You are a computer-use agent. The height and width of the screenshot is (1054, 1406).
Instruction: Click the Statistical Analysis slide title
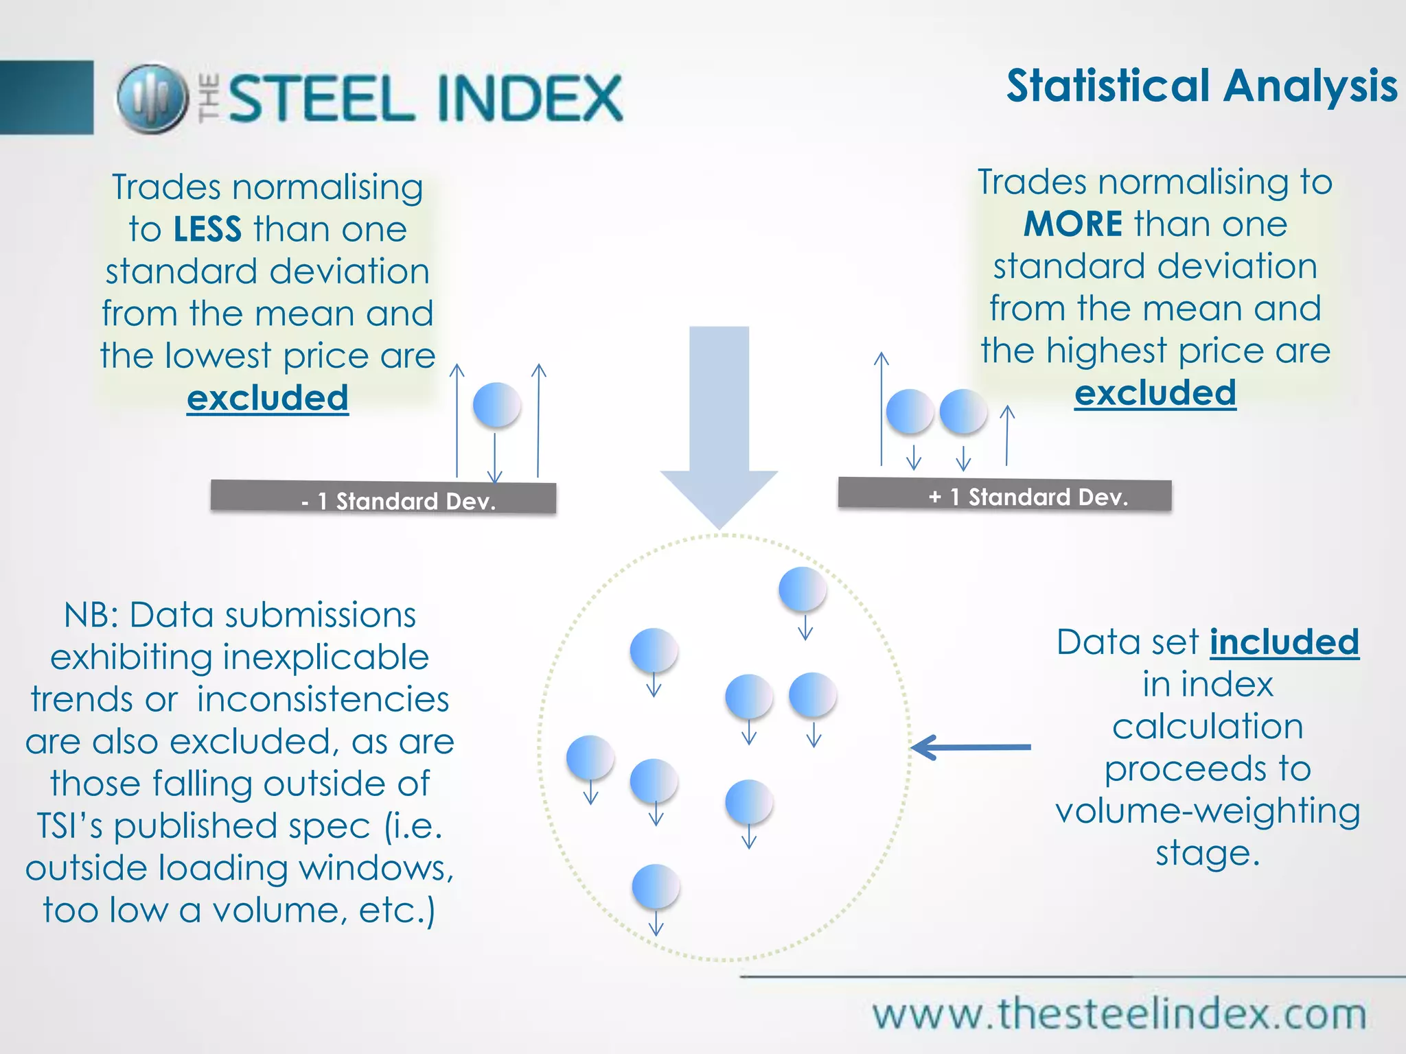(1201, 86)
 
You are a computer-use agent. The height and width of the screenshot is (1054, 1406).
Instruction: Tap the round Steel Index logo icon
(152, 98)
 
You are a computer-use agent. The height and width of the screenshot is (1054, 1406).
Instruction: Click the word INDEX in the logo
(529, 98)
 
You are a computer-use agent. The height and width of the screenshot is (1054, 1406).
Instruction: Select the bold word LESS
(207, 229)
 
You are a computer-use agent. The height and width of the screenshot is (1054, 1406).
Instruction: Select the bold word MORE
(1072, 224)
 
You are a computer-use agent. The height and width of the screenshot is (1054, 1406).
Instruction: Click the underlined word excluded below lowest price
(268, 398)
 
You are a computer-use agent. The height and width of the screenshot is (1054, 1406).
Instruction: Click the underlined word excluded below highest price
(1155, 393)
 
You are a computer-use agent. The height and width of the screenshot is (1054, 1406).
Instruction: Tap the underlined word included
(1284, 642)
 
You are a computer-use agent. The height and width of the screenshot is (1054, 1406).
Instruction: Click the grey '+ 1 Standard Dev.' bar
(1004, 495)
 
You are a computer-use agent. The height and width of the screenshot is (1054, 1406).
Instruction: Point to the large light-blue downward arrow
(719, 425)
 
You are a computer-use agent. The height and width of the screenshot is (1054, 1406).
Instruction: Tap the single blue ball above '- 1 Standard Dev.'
(496, 405)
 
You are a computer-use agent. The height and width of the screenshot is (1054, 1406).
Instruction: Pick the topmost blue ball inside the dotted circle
(802, 589)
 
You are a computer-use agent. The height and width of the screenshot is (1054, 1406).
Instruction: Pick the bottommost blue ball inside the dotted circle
(656, 887)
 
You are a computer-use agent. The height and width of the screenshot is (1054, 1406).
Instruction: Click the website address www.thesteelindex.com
(1119, 1014)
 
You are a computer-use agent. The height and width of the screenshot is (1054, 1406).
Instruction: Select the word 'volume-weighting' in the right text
(1208, 811)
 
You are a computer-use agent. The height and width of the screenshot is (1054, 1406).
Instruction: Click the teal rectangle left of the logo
(46, 97)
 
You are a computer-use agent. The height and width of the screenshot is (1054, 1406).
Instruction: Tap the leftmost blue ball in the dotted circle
(590, 758)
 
